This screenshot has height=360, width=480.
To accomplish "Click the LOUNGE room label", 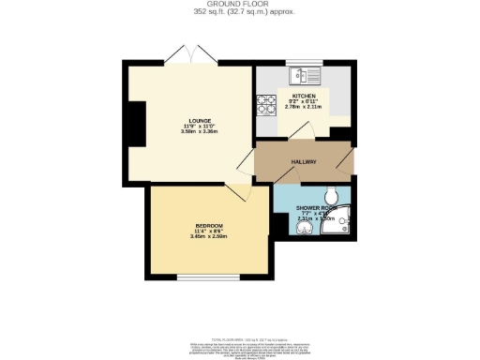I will [x=199, y=121].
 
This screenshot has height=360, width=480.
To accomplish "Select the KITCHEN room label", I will [x=304, y=96].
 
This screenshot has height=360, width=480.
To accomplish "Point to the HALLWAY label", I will [x=304, y=162].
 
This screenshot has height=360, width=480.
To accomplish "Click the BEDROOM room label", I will [x=209, y=226].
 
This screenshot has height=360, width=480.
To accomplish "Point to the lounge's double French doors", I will [x=186, y=56].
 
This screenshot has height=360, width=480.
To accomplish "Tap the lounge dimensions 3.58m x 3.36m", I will [x=199, y=132].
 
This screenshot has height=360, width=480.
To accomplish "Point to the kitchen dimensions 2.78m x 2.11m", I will [x=304, y=107].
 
